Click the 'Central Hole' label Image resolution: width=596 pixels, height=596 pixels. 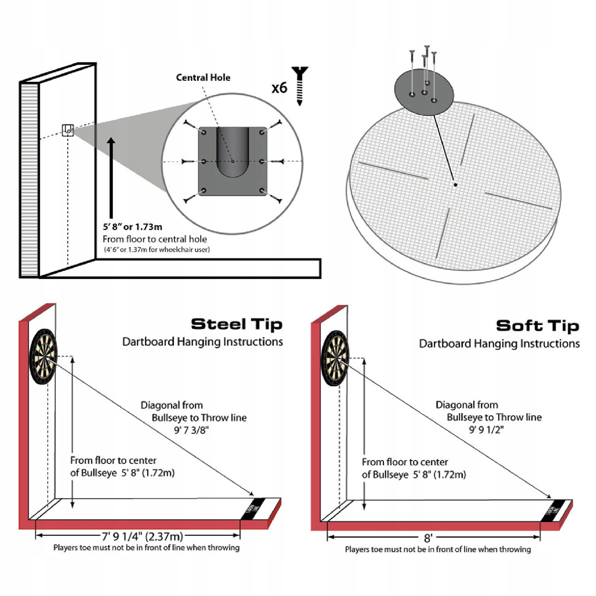click(203, 77)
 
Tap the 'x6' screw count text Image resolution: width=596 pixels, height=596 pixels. click(279, 88)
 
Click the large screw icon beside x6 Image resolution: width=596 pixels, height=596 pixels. click(300, 86)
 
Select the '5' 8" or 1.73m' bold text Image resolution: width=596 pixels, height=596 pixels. click(132, 227)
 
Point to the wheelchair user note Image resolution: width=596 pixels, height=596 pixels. click(157, 249)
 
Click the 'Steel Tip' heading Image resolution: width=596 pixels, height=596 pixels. click(236, 324)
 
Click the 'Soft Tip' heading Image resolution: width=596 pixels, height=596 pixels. click(538, 326)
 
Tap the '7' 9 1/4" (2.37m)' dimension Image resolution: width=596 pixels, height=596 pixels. click(143, 536)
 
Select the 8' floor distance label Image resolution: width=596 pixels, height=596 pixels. click(428, 538)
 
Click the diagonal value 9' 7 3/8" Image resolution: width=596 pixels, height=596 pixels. click(191, 430)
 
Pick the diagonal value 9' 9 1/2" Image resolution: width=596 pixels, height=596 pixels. click(486, 430)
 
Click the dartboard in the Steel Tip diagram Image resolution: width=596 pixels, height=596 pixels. click(44, 356)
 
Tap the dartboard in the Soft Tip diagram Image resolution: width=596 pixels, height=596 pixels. click(335, 358)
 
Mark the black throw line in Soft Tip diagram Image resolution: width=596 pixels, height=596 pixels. click(556, 510)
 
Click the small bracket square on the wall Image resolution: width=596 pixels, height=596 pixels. click(68, 130)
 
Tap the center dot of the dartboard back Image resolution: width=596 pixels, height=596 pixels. click(455, 185)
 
